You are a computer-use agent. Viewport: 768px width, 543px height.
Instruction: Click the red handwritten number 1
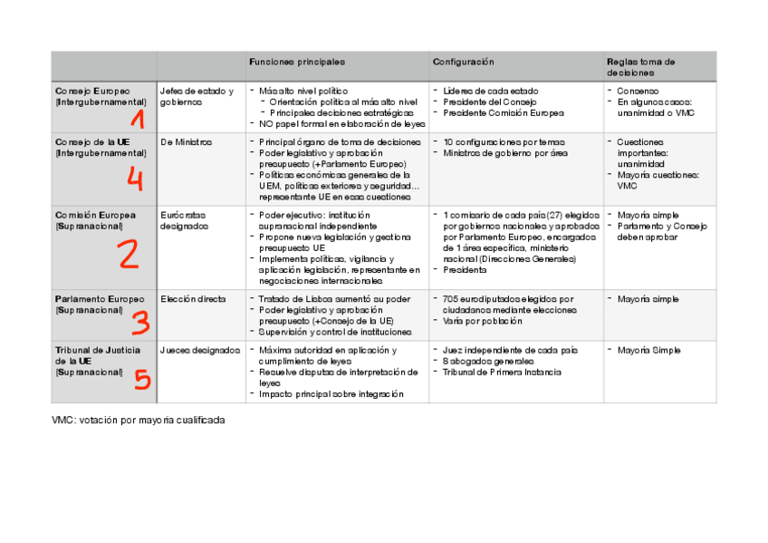click(138, 118)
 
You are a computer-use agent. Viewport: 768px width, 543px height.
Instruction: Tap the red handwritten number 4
click(134, 179)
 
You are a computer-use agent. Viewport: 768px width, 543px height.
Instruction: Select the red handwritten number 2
click(129, 254)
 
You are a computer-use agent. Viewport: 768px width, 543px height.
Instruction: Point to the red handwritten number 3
click(139, 322)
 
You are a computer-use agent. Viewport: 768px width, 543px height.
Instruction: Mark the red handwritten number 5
click(141, 378)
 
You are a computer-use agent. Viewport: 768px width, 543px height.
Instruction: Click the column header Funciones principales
click(297, 62)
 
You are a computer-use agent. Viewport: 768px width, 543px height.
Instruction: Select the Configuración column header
click(463, 62)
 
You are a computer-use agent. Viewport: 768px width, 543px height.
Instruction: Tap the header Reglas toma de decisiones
click(641, 66)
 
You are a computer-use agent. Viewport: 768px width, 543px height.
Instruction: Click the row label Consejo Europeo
click(92, 92)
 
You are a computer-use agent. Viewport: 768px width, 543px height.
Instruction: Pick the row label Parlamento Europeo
click(99, 299)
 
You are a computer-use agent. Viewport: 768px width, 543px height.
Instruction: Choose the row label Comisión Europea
click(95, 215)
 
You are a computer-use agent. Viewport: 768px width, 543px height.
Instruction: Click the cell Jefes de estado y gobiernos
click(196, 96)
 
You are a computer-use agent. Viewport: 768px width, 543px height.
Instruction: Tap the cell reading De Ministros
click(186, 142)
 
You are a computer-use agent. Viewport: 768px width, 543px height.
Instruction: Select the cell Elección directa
click(193, 299)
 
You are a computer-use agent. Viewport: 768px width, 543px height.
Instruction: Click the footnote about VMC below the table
click(138, 421)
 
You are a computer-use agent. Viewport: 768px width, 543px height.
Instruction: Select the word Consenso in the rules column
click(638, 92)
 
